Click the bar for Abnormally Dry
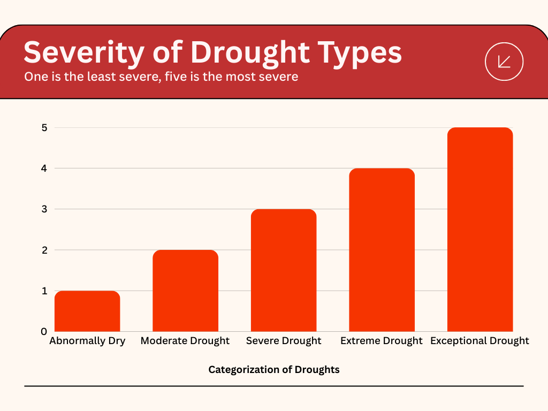pyautogui.click(x=87, y=311)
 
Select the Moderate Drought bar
pyautogui.click(x=185, y=291)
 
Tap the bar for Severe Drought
pyautogui.click(x=284, y=271)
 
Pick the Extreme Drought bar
pyautogui.click(x=382, y=250)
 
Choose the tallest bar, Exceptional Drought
pyautogui.click(x=480, y=230)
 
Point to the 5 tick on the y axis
pyautogui.click(x=44, y=128)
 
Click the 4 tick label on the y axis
pyautogui.click(x=44, y=169)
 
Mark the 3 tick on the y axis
pyautogui.click(x=44, y=209)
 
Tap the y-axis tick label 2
pyautogui.click(x=44, y=250)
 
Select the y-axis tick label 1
pyautogui.click(x=44, y=291)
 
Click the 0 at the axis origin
pyautogui.click(x=44, y=331)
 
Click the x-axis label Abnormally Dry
pyautogui.click(x=87, y=341)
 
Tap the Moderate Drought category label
pyautogui.click(x=185, y=341)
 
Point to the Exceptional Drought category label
pyautogui.click(x=479, y=341)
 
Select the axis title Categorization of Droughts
pyautogui.click(x=274, y=370)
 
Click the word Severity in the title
pyautogui.click(x=84, y=53)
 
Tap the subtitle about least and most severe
pyautogui.click(x=161, y=77)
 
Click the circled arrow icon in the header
pyautogui.click(x=504, y=62)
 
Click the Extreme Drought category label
pyautogui.click(x=382, y=341)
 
